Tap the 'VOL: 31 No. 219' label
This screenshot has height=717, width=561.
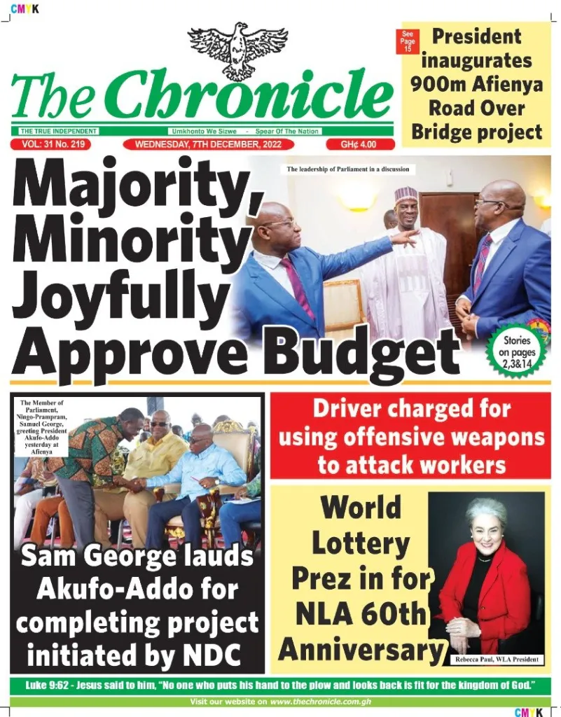pos(52,144)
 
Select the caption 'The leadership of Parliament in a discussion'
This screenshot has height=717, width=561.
pos(347,169)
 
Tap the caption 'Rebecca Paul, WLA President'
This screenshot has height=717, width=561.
pos(497,660)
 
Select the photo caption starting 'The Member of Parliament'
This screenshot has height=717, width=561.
pos(41,427)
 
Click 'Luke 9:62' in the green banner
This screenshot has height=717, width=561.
pos(50,683)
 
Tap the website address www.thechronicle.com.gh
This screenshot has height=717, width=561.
pos(325,701)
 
